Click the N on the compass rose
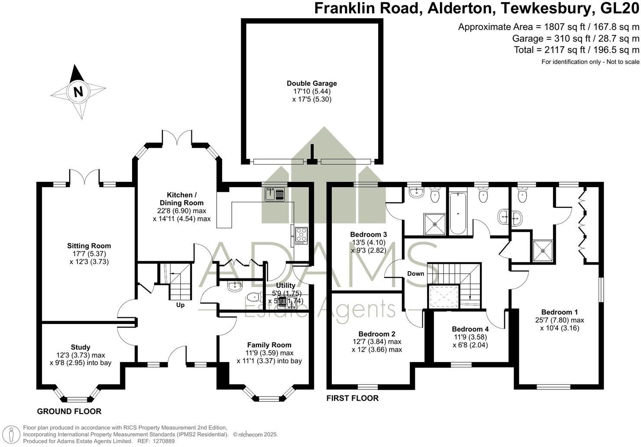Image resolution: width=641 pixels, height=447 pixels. (x=78, y=91)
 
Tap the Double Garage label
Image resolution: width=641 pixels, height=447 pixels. (x=311, y=84)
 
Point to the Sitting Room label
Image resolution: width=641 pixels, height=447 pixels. (x=89, y=246)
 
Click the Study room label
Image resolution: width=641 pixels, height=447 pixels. (x=81, y=347)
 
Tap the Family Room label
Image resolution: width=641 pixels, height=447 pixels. (x=269, y=345)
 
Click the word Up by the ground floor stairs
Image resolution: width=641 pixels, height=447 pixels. (x=180, y=305)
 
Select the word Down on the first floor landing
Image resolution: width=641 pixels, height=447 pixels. (x=416, y=274)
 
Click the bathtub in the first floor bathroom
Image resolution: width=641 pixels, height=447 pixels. (x=458, y=213)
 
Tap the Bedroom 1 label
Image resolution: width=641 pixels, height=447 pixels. (x=559, y=312)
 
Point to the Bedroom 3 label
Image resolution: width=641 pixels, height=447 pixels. (x=368, y=235)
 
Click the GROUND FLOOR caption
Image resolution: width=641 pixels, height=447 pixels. (x=69, y=411)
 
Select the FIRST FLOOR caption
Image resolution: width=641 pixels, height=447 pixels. (x=353, y=398)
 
